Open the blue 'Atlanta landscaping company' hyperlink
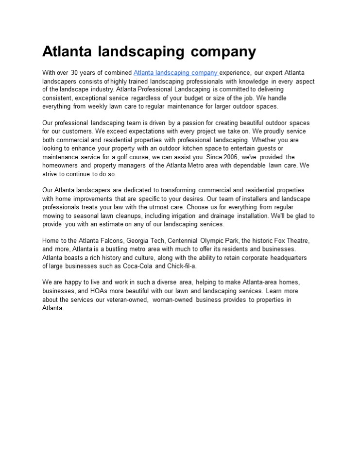(x=175, y=73)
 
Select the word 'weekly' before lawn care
(x=108, y=106)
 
